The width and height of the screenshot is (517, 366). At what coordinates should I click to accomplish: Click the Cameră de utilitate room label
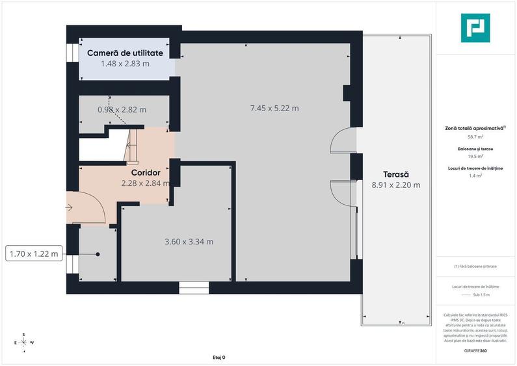coord(121,52)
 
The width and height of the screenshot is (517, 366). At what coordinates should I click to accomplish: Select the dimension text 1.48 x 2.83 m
coord(125,64)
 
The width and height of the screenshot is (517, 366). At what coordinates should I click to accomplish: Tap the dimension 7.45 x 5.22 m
coord(274,108)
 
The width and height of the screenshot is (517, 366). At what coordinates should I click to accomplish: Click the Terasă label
coord(395,174)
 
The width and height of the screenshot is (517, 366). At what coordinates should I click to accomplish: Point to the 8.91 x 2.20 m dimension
coord(395,185)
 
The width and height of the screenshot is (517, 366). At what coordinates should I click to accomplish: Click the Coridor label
coord(146,173)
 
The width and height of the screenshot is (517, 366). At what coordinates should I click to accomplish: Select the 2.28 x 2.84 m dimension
coord(145,183)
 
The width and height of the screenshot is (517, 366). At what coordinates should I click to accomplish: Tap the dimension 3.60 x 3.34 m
coord(189,241)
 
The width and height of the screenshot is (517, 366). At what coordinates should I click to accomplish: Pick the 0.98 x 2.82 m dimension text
coord(122,110)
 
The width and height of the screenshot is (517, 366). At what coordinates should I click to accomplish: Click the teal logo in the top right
coord(475,28)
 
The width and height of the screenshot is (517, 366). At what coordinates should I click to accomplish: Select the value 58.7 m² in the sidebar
coord(475,137)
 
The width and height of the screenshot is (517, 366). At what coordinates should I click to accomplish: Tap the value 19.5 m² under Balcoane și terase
coord(475,156)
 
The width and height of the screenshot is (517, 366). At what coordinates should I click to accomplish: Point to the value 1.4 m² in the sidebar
coord(475,176)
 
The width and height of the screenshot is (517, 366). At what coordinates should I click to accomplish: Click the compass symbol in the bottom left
coord(23,342)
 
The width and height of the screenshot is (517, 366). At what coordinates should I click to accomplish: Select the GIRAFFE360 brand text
coord(475,350)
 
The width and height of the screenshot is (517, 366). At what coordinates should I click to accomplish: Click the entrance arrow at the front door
coord(70,207)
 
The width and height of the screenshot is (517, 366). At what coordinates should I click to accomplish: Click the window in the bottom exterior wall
coord(194,285)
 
